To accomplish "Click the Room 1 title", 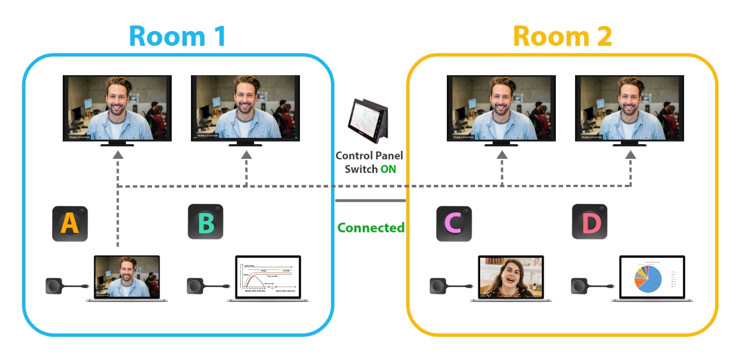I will pos(177,35).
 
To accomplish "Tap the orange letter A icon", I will pos(70,223).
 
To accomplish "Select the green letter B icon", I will pos(206,222).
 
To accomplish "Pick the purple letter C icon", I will pos(454,224).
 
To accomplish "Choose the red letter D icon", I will pos(590,222).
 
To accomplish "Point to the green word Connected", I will pos(371,228).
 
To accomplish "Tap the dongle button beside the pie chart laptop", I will pos(581,286).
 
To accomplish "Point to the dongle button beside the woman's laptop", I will pos(439,286).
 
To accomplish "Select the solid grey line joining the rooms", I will pos(371,200).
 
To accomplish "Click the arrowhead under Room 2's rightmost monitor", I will pos(630,154).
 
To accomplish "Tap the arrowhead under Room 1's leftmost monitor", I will pos(117,154).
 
